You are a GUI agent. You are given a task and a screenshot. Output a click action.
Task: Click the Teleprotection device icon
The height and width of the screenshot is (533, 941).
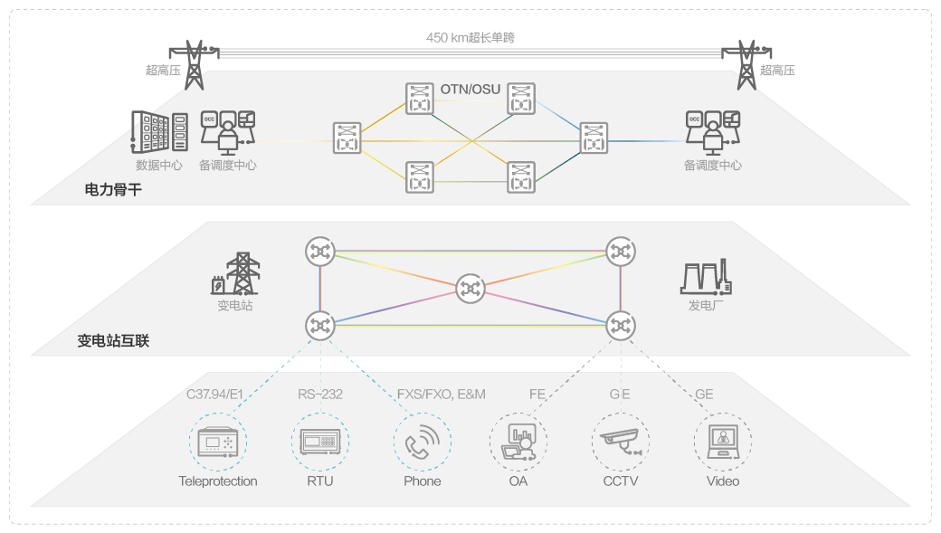click(x=217, y=442)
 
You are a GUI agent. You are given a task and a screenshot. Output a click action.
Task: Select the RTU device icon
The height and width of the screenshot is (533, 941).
click(x=319, y=442)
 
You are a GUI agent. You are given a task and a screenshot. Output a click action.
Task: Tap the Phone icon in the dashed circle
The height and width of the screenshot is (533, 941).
click(x=423, y=442)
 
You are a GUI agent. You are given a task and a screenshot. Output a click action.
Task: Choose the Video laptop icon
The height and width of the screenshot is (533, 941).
click(x=723, y=442)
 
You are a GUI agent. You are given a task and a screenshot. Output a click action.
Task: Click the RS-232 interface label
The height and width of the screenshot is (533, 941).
click(x=320, y=394)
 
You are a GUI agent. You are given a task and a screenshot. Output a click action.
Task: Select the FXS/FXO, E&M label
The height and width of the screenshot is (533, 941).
click(x=442, y=394)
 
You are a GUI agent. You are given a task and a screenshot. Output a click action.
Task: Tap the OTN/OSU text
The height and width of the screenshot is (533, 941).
click(x=470, y=89)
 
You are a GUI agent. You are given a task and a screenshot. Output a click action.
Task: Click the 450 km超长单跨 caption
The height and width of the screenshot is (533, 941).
click(x=470, y=38)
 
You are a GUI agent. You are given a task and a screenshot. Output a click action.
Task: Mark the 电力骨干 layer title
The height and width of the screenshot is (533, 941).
click(x=113, y=189)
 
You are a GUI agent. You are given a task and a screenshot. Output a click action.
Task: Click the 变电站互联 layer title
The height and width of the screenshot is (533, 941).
click(x=113, y=341)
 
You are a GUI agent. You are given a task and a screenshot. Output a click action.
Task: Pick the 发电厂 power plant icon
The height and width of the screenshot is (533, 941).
click(x=706, y=277)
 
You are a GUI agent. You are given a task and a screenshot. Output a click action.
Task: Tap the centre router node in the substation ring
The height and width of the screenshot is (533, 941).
click(x=470, y=288)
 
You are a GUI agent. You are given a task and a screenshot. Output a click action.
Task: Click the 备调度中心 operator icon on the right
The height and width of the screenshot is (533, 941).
click(x=713, y=132)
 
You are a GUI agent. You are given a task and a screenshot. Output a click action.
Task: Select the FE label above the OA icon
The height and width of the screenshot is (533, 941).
click(x=537, y=394)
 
